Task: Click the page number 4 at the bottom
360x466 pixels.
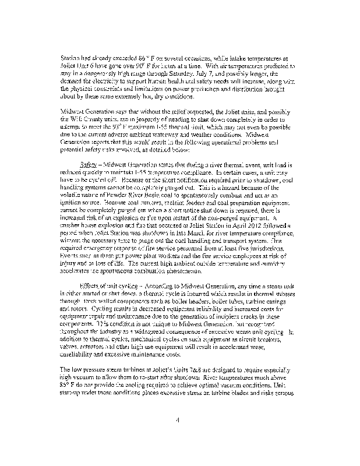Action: pyautogui.click(x=181, y=419)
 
